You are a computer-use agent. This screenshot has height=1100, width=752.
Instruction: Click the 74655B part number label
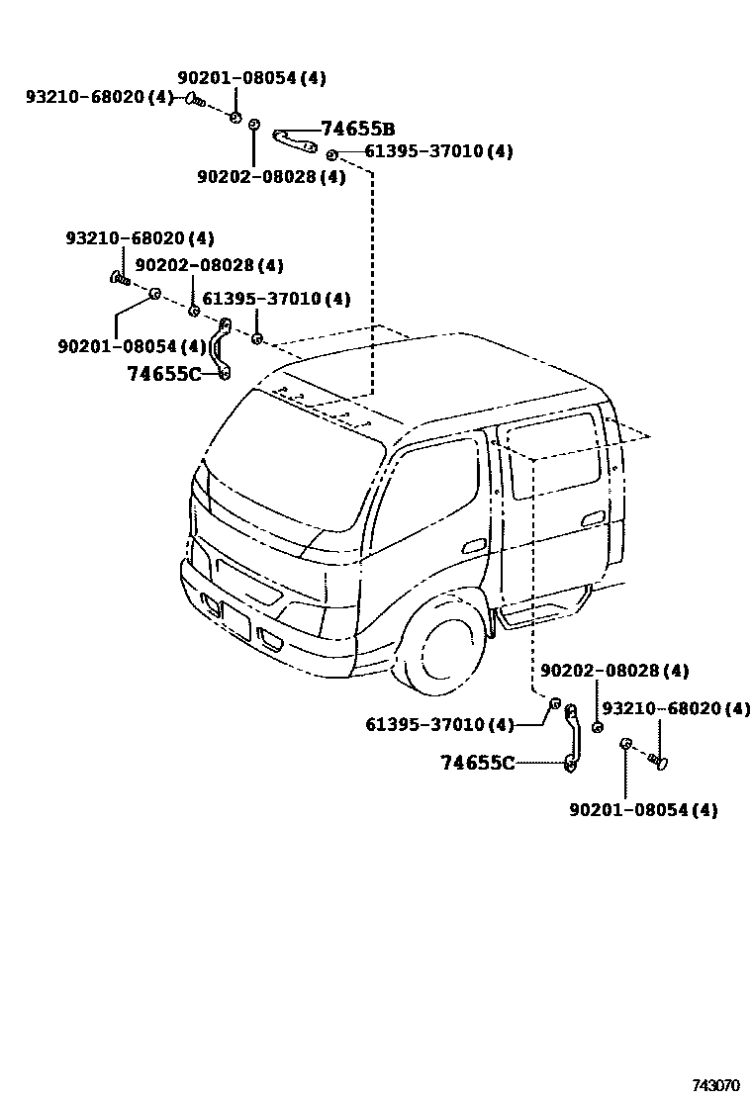point(357,129)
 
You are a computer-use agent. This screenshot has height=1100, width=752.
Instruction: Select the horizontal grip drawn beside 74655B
point(295,139)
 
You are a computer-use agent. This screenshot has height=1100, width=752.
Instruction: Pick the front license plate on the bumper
point(236,621)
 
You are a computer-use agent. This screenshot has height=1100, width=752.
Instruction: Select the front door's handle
point(474,546)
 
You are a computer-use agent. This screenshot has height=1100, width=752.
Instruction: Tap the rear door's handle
point(595,519)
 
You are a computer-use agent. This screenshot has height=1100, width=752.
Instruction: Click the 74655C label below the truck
point(477,763)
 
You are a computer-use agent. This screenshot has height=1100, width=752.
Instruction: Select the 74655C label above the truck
point(163,373)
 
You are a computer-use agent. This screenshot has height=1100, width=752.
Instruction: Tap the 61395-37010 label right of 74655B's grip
point(438,151)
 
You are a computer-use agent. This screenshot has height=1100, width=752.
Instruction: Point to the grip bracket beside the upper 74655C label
point(225,347)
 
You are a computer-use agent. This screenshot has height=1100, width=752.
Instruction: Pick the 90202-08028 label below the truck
point(613,671)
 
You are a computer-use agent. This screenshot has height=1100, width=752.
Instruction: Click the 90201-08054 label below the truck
point(643,810)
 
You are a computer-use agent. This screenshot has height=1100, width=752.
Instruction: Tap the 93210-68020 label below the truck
point(676,708)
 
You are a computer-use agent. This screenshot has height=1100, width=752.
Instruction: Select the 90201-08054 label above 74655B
point(251,77)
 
